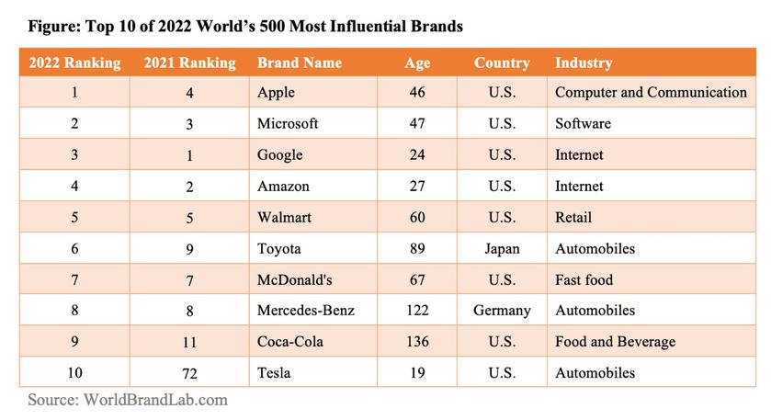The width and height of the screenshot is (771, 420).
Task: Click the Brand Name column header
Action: click(299, 63)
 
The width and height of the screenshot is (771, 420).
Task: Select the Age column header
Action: click(416, 63)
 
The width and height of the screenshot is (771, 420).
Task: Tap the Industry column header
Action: click(584, 63)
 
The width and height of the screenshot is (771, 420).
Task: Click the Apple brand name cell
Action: click(278, 92)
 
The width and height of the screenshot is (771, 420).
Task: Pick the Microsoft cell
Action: click(288, 123)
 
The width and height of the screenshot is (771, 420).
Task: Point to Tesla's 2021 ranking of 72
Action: click(189, 373)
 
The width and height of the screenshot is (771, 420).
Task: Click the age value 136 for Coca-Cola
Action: click(416, 342)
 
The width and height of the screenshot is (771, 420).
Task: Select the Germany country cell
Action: click(502, 311)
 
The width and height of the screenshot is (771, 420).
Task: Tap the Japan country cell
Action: click(502, 248)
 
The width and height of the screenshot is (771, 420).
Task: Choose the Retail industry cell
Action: click(573, 217)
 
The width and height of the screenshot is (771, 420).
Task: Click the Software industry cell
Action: click(583, 123)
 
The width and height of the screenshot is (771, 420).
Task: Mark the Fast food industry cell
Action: click(584, 279)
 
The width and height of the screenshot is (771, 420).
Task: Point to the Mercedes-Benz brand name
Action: click(305, 311)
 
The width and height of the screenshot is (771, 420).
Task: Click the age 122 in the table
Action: click(416, 311)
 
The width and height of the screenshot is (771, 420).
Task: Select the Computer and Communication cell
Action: click(651, 92)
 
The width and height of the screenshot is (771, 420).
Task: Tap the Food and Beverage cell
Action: click(615, 342)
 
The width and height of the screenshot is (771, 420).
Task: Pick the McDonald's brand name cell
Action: click(295, 279)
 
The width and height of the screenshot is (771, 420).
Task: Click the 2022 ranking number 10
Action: click(74, 373)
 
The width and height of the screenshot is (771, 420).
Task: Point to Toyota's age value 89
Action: click(416, 248)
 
